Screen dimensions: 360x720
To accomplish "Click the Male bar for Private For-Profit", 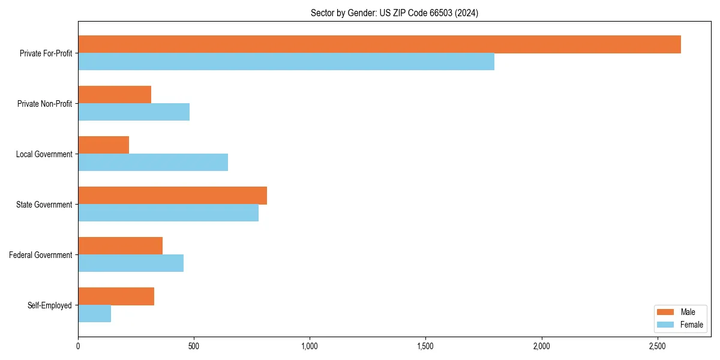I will click(x=379, y=44).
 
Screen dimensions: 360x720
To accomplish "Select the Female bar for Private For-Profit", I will click(x=286, y=62).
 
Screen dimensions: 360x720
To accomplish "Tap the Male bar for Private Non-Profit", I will click(x=115, y=95).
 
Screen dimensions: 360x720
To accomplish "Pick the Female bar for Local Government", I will click(x=153, y=163).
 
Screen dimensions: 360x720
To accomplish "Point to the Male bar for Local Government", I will click(x=104, y=145).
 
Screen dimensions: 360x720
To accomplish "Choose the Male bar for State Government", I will click(x=172, y=196).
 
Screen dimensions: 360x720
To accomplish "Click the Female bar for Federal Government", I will click(x=131, y=263).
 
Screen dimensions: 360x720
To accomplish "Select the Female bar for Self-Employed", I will click(x=95, y=314).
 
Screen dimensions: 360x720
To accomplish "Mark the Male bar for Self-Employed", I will click(x=116, y=296).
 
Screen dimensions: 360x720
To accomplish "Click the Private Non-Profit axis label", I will click(x=44, y=104).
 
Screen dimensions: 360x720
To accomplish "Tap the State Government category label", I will click(x=44, y=205).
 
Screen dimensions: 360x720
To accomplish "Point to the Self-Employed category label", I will click(x=50, y=305).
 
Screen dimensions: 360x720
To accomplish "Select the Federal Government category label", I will click(x=41, y=255).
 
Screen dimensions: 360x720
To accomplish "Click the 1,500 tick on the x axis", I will click(x=425, y=346).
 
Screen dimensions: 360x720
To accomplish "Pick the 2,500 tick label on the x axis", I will click(x=657, y=346).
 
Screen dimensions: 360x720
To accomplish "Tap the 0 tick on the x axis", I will click(x=78, y=346).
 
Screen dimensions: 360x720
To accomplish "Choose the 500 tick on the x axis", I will click(x=194, y=346).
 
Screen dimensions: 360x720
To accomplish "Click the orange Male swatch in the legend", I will click(x=666, y=312).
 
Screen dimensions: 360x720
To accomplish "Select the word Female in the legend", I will click(x=691, y=325).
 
